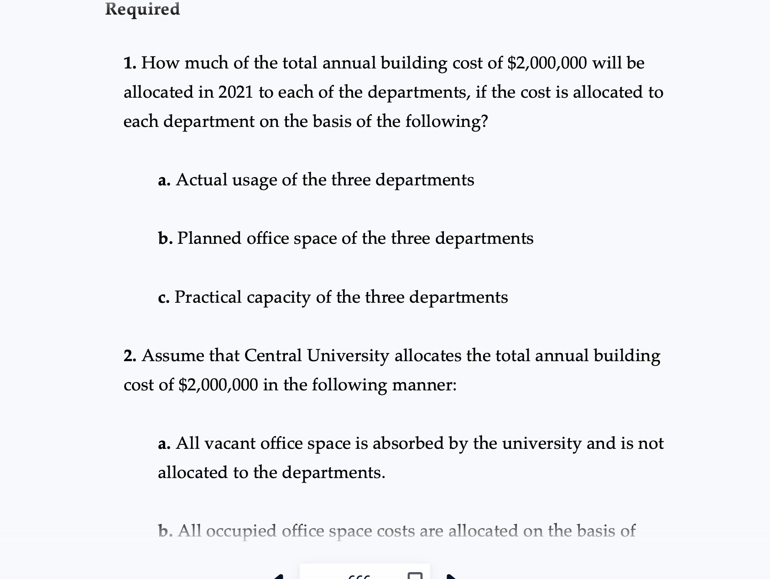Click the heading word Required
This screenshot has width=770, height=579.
(142, 9)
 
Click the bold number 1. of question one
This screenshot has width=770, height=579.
(130, 63)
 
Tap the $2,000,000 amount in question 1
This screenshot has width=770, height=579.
(547, 63)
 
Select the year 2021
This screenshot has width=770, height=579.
(235, 92)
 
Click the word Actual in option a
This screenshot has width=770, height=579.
(201, 180)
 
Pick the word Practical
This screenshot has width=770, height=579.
(208, 297)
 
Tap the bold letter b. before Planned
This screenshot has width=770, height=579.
(165, 238)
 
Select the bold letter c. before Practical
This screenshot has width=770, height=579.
(164, 298)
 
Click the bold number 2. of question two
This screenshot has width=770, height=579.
(130, 356)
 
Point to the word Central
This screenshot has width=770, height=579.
(273, 356)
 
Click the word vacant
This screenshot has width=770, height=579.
(229, 443)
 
